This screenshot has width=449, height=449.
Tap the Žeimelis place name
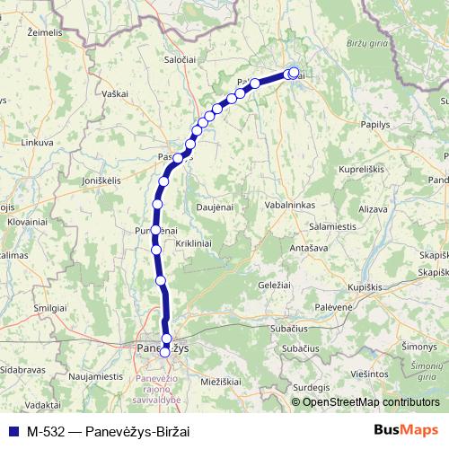click(45, 31)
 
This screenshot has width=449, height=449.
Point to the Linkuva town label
click(38, 142)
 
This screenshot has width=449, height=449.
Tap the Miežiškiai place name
click(221, 382)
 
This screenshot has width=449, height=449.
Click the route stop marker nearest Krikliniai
click(156, 250)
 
